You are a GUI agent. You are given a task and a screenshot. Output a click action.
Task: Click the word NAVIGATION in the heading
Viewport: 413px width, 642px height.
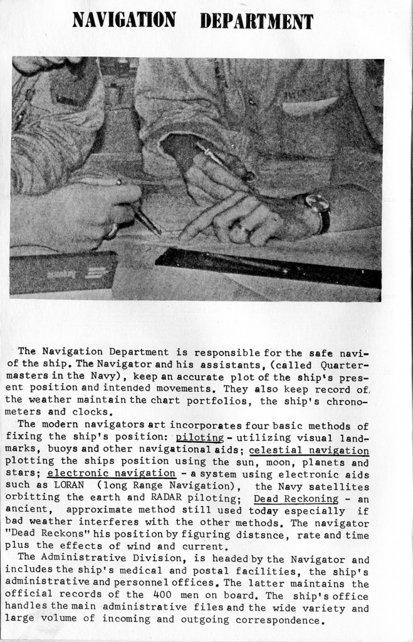coord(124,20)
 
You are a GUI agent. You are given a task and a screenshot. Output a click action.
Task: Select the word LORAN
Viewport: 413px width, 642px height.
coord(69,486)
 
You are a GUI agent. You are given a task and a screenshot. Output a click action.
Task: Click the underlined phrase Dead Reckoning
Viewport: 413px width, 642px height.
coord(296,499)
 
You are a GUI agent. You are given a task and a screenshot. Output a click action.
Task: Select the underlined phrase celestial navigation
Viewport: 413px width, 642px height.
coord(309,450)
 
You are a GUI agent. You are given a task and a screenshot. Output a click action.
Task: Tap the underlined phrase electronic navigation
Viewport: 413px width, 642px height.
coord(111,473)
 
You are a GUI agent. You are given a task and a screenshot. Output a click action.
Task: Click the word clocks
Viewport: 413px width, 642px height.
coord(97,412)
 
